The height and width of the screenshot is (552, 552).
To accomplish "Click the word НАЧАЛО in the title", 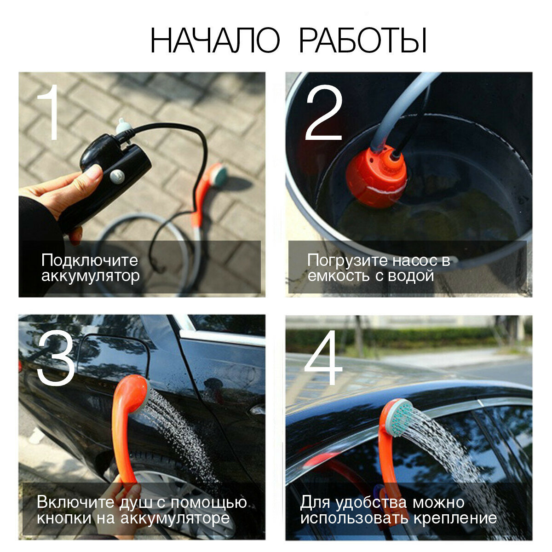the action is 215,40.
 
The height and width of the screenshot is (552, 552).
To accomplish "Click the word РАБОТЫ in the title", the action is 363,40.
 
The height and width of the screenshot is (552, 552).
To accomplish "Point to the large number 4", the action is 323,357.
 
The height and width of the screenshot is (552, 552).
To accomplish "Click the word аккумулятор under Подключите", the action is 91,276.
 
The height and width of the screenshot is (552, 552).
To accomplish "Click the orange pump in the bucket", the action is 376,175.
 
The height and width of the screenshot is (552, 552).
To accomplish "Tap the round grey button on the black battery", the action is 117,176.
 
